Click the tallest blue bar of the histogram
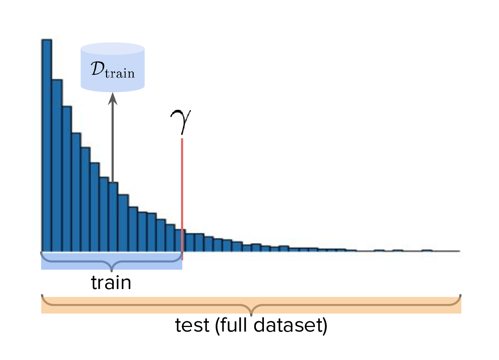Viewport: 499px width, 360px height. (46, 145)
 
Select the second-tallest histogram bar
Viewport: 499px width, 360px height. (57, 165)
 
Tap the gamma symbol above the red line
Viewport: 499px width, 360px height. (181, 122)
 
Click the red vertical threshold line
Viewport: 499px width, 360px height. (182, 199)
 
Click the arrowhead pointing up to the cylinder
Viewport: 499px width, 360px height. (113, 99)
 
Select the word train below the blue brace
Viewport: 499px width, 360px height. (111, 282)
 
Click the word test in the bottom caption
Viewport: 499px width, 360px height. (192, 325)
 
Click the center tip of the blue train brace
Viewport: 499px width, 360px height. (112, 271)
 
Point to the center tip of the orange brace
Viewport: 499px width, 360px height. (251, 315)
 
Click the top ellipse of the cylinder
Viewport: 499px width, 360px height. (113, 49)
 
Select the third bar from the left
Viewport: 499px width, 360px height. (67, 179)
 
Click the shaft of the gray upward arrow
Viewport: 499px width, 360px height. (113, 144)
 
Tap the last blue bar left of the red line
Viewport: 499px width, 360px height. (179, 240)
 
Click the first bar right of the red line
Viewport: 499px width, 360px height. (190, 243)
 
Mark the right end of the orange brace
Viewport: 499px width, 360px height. (461, 296)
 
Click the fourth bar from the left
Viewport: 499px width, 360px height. (76, 192)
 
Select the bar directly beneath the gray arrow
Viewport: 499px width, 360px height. (113, 217)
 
